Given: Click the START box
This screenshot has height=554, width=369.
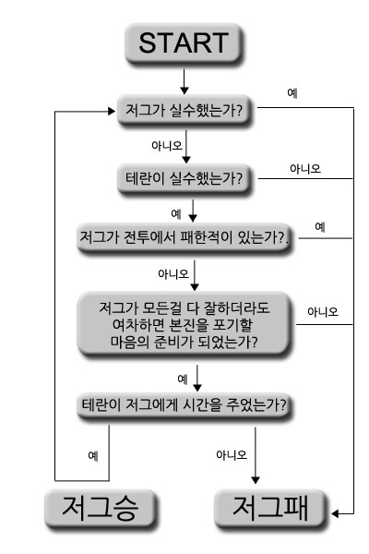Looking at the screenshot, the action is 184,43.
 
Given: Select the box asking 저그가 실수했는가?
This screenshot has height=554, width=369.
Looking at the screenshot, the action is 184,110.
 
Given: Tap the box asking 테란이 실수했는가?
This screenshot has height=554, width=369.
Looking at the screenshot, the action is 184,178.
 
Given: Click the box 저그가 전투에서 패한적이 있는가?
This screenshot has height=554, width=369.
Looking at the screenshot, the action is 184,237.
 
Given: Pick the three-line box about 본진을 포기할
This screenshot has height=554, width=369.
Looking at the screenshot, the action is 184,324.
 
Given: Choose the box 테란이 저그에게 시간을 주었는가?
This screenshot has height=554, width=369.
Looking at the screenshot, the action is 184,405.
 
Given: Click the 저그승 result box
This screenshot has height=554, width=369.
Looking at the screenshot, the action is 101,509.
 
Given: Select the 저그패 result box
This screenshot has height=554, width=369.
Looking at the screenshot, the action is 270,509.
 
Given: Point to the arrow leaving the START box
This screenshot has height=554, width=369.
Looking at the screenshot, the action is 184,81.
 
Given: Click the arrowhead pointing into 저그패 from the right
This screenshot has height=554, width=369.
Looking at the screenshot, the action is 335,513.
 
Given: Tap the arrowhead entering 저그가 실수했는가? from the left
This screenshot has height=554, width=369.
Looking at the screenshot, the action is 112,112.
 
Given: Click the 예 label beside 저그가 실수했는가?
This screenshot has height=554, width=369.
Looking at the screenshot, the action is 292,93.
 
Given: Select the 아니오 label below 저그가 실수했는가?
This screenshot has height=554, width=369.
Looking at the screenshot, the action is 167,145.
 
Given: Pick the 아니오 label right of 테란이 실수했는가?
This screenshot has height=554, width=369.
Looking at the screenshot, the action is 305,169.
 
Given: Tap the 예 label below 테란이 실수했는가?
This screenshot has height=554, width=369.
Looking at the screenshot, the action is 176,214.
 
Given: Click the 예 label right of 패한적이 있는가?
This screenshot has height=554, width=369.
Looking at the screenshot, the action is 320,226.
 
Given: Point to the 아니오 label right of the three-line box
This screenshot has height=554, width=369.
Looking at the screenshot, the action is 323,312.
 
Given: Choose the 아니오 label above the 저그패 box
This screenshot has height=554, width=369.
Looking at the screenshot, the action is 232,454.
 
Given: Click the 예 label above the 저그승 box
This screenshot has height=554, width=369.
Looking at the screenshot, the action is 93,455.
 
